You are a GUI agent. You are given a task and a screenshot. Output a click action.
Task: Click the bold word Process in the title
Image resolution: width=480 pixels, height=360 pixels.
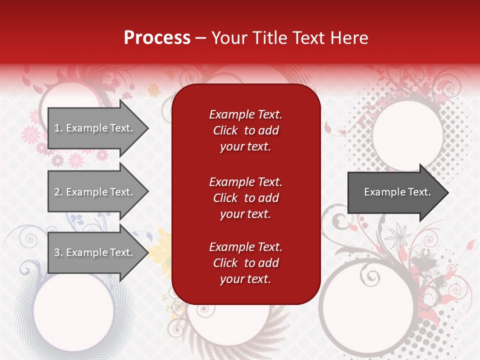[x=157, y=37]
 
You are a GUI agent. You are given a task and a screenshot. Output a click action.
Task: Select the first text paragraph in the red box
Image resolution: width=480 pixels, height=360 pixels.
[x=245, y=130]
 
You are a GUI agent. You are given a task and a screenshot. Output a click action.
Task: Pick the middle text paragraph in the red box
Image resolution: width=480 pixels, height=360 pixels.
[x=245, y=198]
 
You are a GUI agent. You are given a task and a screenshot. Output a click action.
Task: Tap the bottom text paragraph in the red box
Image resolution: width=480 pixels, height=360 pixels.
[x=245, y=263]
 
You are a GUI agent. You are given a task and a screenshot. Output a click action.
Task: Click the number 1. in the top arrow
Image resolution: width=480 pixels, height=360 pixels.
[x=58, y=128]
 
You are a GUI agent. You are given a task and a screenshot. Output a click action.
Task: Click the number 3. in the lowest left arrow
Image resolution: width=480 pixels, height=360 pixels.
[x=58, y=252]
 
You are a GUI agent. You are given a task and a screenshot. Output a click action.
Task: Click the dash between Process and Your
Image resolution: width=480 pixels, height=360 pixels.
[x=200, y=38]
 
